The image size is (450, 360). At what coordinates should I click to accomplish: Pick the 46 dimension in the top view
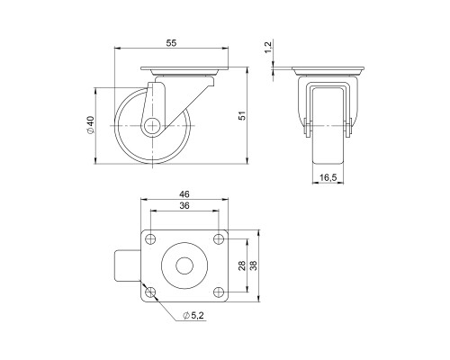click(x=184, y=193)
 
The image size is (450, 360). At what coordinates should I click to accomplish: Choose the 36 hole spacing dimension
click(x=184, y=207)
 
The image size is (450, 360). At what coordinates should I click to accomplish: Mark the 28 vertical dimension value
click(x=241, y=266)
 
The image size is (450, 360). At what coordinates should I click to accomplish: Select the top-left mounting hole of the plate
click(x=150, y=239)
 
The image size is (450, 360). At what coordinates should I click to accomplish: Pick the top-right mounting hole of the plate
click(x=219, y=239)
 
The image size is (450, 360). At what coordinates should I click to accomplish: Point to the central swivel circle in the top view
click(x=184, y=266)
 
